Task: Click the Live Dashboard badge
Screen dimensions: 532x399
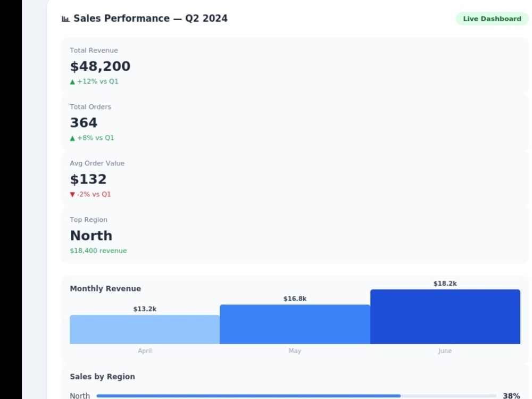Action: [x=492, y=19]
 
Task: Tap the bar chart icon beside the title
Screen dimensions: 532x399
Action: [x=65, y=19]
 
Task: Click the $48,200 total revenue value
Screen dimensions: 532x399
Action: [x=100, y=66]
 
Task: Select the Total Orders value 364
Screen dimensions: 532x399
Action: [x=84, y=122]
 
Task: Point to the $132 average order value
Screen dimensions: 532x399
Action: [x=88, y=179]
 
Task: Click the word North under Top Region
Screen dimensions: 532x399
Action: [x=91, y=236]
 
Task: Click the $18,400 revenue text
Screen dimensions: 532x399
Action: [x=98, y=251]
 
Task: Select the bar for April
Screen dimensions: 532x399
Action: [x=145, y=329]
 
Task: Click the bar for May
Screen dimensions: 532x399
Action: [x=295, y=325]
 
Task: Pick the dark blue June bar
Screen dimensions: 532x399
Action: [x=445, y=317]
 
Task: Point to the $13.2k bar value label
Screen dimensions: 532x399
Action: [x=145, y=309]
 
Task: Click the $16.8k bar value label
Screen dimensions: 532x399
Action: [x=295, y=298]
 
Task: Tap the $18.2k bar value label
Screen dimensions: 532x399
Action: [x=445, y=284]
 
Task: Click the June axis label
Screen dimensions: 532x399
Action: [x=445, y=351]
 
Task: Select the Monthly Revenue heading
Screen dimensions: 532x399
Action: [x=105, y=288]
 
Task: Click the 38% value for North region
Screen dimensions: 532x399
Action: [x=511, y=396]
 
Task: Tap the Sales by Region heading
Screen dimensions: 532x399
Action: [x=102, y=377]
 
